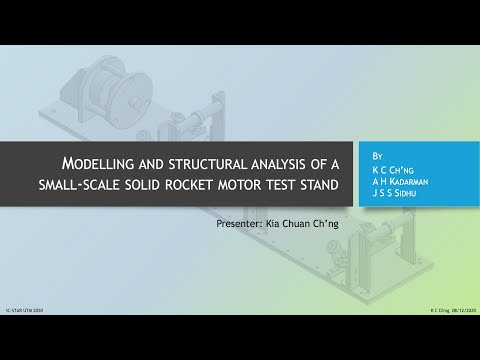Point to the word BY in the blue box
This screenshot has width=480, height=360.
tap(376, 157)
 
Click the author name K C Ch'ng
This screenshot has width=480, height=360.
tap(392, 169)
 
